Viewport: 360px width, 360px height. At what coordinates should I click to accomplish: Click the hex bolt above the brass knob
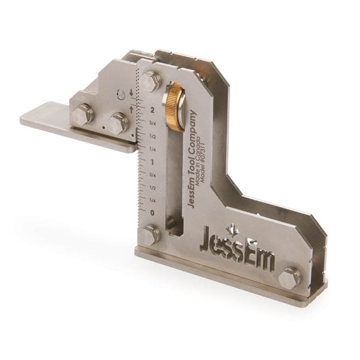pos(151,81)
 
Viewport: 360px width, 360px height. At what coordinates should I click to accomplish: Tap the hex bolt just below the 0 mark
pos(150,234)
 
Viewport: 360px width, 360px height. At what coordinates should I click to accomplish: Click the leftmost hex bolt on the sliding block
pos(82,116)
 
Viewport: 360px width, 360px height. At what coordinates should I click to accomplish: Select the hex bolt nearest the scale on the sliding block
pos(117,122)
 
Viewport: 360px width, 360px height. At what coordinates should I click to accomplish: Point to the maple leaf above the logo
pos(231,228)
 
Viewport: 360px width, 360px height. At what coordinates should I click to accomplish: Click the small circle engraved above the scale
pos(120,94)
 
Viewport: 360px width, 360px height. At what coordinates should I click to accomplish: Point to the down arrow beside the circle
pos(132,92)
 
